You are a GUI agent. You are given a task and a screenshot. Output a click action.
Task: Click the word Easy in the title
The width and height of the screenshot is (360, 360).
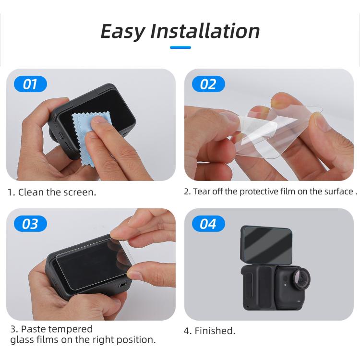click(122, 31)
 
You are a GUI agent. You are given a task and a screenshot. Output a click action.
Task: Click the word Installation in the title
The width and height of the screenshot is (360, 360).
click(205, 31)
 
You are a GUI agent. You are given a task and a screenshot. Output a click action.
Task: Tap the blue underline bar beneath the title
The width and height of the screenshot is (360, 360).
click(180, 47)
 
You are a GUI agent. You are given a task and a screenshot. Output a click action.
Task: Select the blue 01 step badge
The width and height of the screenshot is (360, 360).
click(30, 84)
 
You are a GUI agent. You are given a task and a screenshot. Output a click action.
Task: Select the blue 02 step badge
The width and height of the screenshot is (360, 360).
click(208, 84)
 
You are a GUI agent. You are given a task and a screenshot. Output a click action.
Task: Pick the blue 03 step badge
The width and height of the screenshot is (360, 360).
click(30, 224)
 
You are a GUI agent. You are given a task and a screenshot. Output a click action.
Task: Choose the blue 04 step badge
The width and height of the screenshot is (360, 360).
click(208, 224)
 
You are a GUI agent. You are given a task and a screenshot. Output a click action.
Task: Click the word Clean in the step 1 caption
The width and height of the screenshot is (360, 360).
click(31, 192)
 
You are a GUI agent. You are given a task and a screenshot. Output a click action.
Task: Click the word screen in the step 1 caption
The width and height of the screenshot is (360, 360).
click(80, 192)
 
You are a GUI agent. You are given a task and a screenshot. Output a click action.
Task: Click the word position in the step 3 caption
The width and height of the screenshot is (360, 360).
click(135, 340)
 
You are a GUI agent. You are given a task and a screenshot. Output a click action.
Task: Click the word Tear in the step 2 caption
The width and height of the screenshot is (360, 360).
click(202, 192)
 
